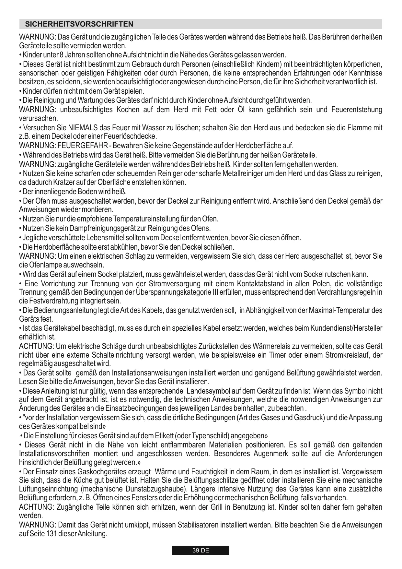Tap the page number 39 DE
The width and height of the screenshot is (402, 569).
tap(201, 550)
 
